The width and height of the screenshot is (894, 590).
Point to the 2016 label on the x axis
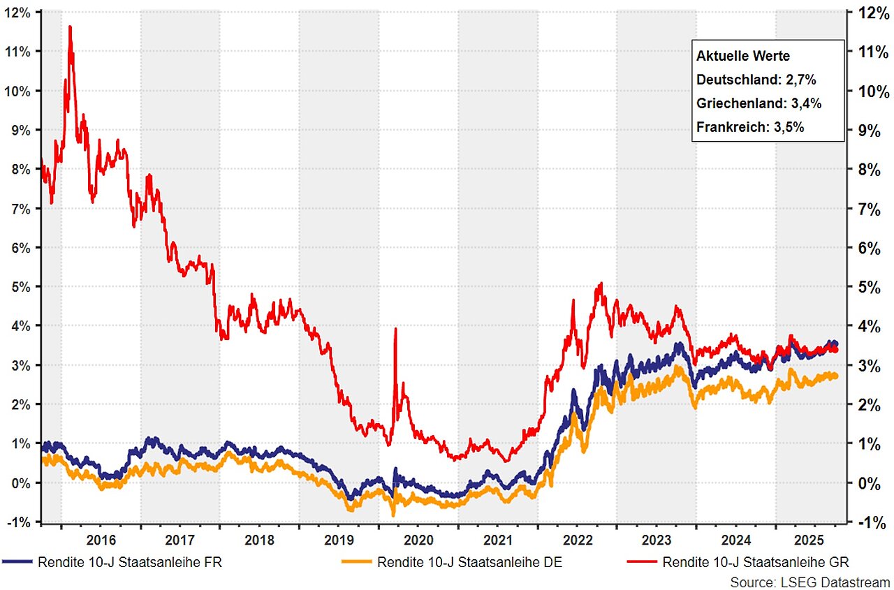(101, 540)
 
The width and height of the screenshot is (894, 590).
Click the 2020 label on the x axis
(418, 540)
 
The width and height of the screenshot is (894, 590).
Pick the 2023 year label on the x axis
(657, 540)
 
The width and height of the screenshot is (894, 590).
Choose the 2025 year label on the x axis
(815, 540)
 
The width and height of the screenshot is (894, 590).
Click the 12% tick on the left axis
(20, 13)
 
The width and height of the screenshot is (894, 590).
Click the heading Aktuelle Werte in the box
(743, 55)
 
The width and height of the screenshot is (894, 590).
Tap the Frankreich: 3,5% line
(751, 127)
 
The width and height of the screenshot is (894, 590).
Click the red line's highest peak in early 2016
(70, 27)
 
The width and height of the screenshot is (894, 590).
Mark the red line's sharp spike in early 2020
(396, 329)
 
